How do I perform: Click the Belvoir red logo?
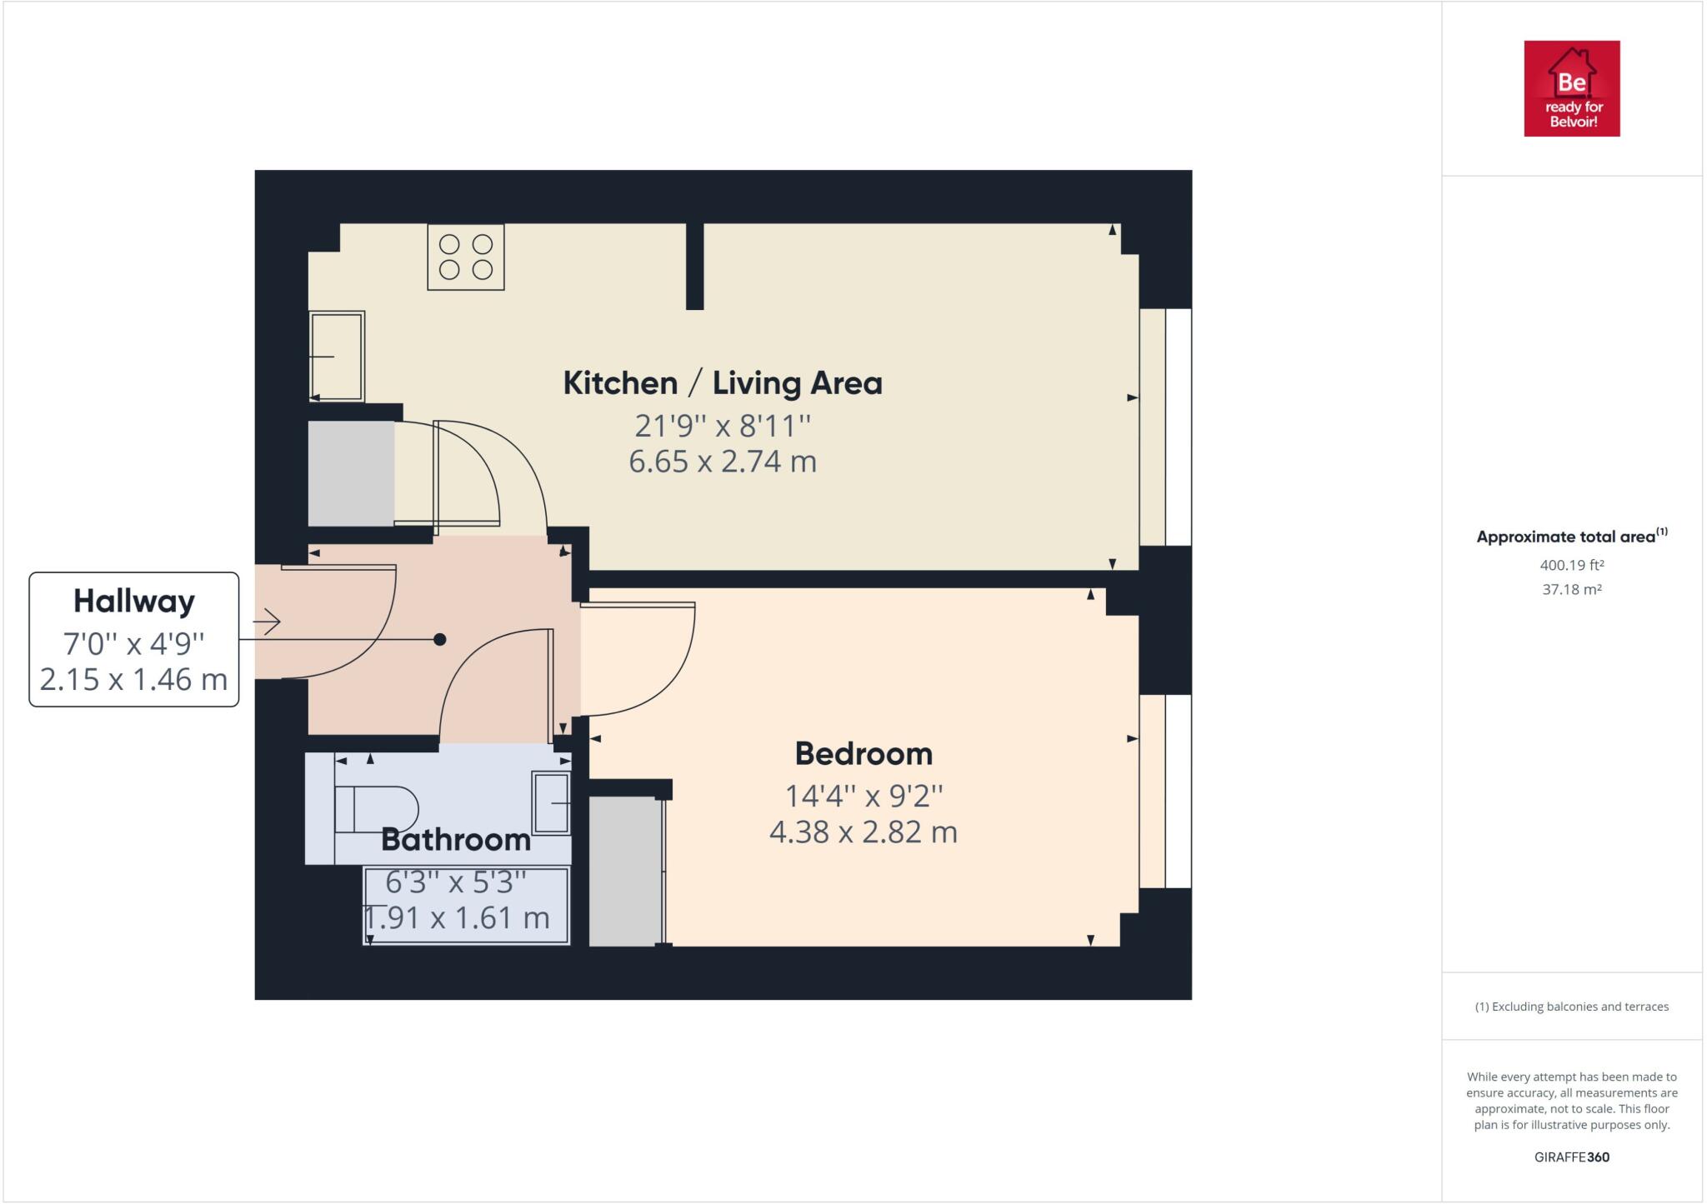pyautogui.click(x=1571, y=88)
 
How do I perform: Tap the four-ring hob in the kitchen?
pyautogui.click(x=466, y=257)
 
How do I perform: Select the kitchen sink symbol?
pyautogui.click(x=337, y=356)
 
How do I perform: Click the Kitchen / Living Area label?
pyautogui.click(x=723, y=383)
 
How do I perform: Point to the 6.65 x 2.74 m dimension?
pyautogui.click(x=723, y=461)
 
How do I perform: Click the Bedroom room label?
pyautogui.click(x=864, y=753)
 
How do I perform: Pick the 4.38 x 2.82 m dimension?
pyautogui.click(x=864, y=832)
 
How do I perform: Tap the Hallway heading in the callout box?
pyautogui.click(x=134, y=601)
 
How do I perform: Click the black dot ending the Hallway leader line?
pyautogui.click(x=440, y=639)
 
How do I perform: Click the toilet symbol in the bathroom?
pyautogui.click(x=377, y=809)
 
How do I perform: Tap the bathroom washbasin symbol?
pyautogui.click(x=551, y=802)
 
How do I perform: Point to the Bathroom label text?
pyautogui.click(x=456, y=840)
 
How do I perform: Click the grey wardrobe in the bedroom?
pyautogui.click(x=626, y=871)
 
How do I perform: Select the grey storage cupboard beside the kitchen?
pyautogui.click(x=351, y=473)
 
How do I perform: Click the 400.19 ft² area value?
pyautogui.click(x=1572, y=565)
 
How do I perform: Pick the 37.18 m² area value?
pyautogui.click(x=1572, y=589)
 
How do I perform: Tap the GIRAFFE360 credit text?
pyautogui.click(x=1572, y=1157)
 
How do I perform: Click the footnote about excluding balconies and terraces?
pyautogui.click(x=1572, y=1007)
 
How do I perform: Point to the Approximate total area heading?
pyautogui.click(x=1572, y=536)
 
